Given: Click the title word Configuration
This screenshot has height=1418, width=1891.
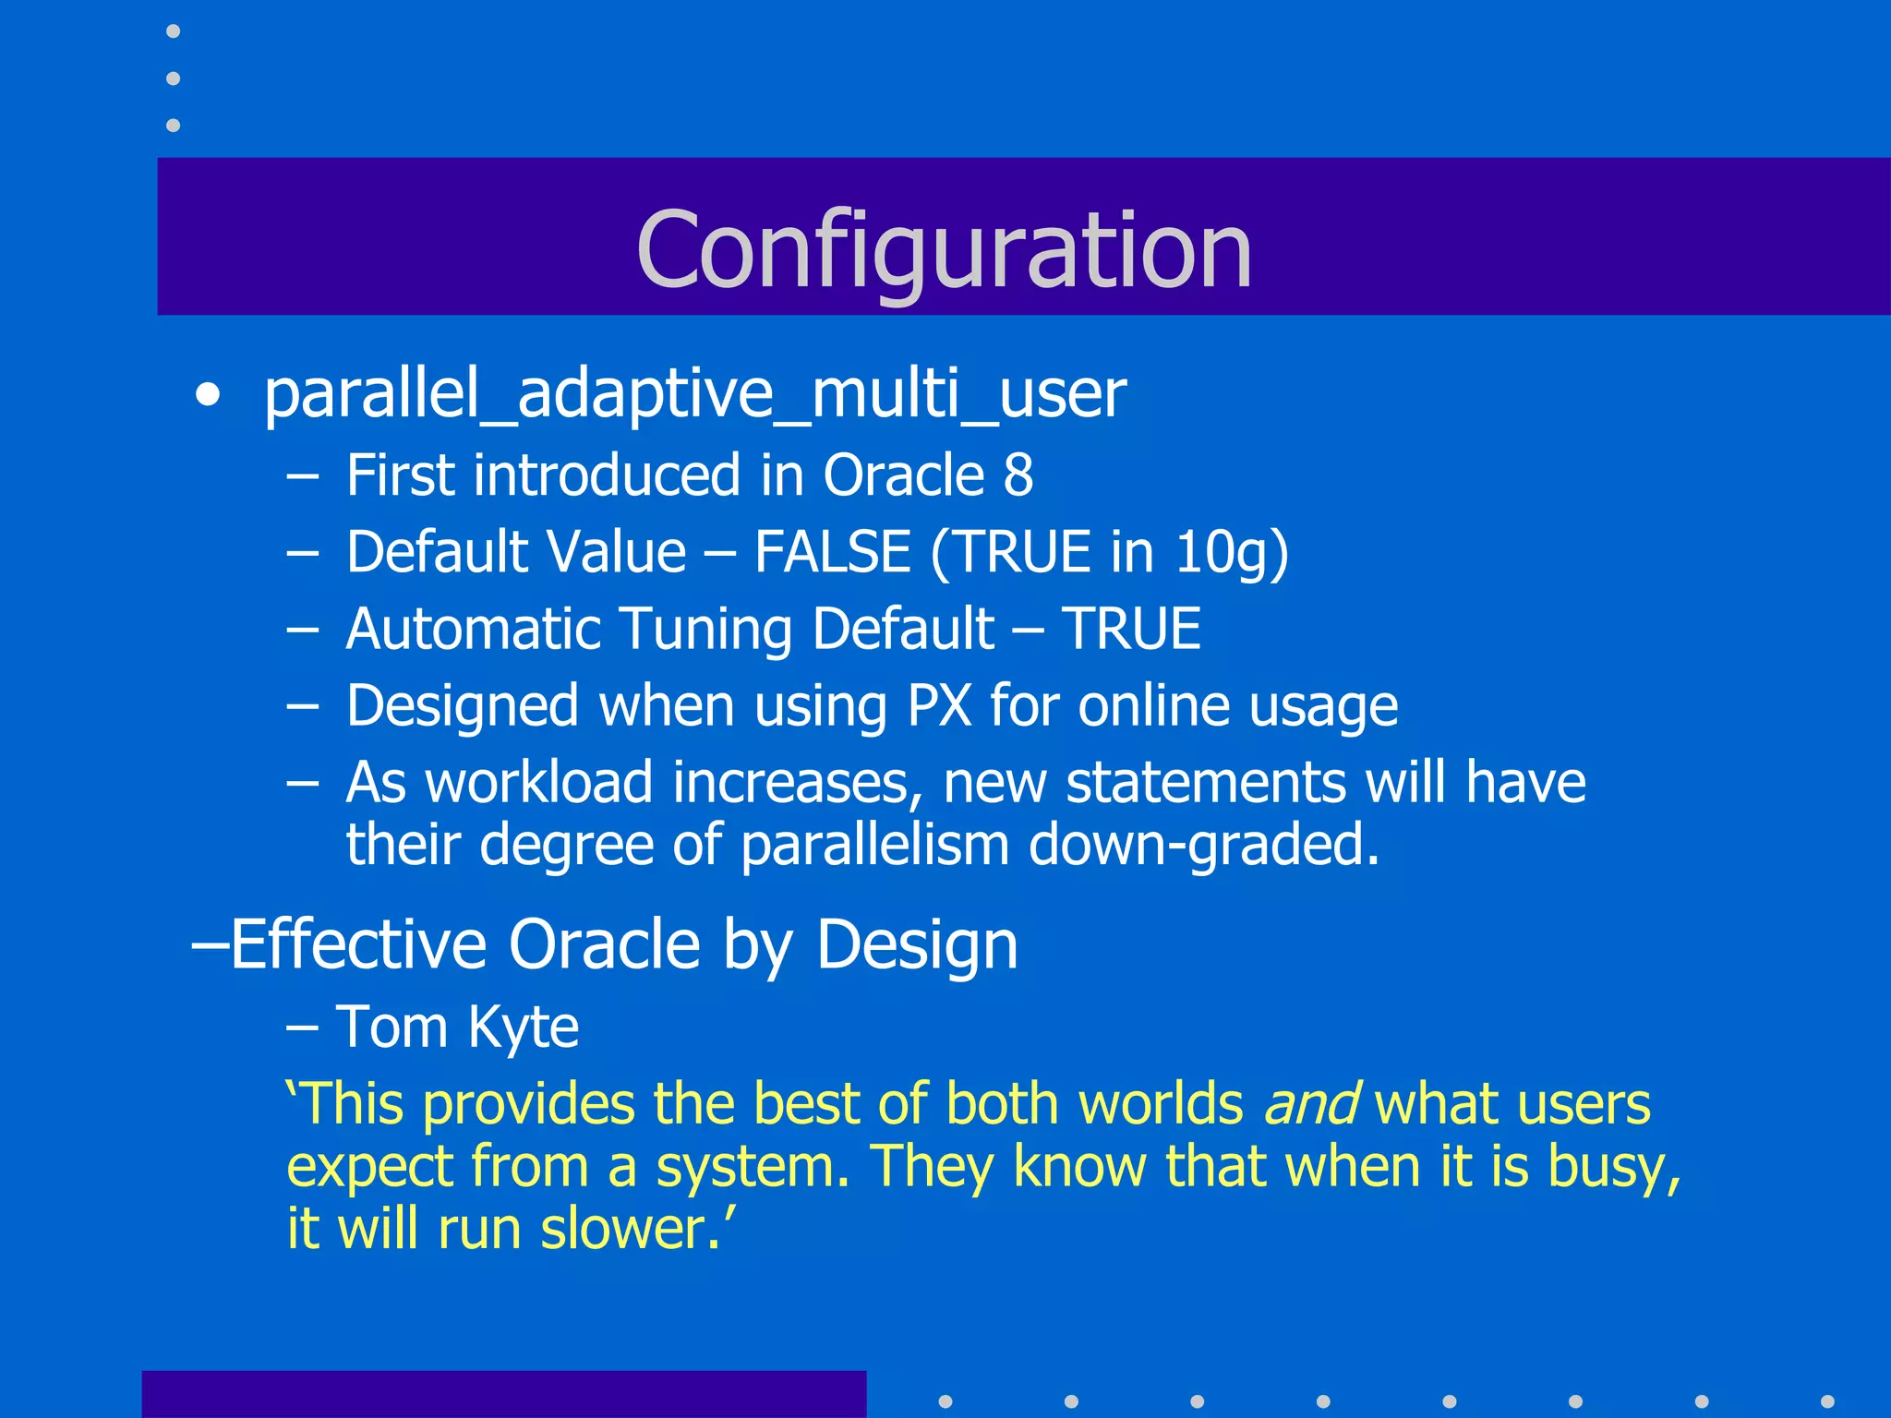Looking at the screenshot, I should click(944, 249).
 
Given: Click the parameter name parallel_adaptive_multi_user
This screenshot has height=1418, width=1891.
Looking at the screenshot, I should click(694, 394).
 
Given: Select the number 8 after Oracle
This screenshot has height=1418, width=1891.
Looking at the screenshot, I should click(1018, 475).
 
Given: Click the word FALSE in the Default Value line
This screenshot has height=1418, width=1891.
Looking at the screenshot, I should click(833, 552).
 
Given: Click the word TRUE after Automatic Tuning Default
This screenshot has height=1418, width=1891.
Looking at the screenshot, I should click(1131, 629).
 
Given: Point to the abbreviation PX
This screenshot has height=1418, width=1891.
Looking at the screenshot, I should click(939, 706).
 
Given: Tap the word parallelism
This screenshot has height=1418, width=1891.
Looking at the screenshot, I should click(874, 845).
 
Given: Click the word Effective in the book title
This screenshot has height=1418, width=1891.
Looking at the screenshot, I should click(358, 944).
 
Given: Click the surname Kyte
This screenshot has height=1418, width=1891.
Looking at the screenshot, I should click(523, 1027).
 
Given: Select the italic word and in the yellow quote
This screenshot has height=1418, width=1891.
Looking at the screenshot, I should click(1309, 1104).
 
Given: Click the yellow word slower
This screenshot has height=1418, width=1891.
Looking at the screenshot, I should click(630, 1229).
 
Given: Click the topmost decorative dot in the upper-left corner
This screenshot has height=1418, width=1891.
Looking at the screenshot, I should click(173, 31).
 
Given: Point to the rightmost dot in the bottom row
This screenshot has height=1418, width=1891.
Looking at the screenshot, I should click(1826, 1401).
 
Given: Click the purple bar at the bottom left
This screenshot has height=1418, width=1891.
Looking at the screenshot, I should click(503, 1394).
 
